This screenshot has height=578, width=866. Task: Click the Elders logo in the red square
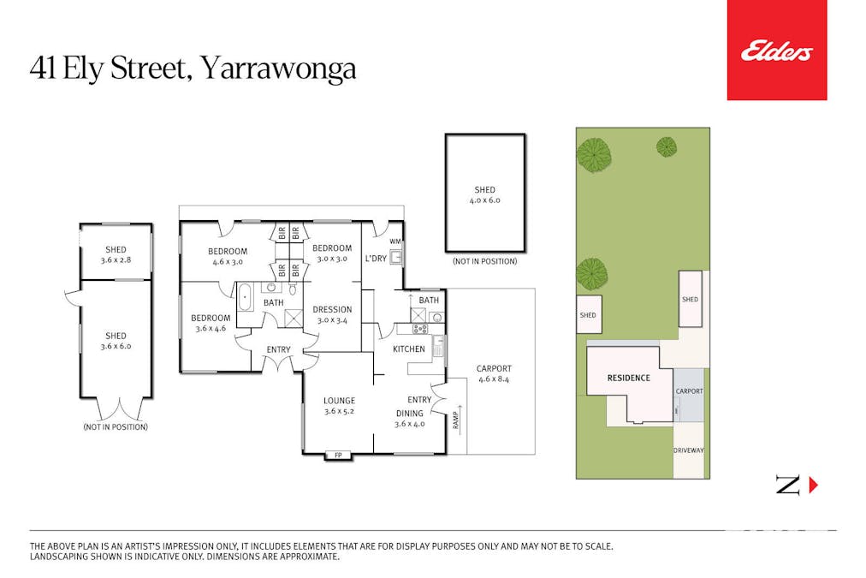[776, 52]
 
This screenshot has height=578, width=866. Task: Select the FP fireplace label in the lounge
[338, 455]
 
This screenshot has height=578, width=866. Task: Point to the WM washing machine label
[395, 241]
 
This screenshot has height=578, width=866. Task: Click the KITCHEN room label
[409, 349]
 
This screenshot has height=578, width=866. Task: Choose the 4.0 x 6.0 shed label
[484, 195]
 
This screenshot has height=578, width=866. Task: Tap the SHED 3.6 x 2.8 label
[116, 254]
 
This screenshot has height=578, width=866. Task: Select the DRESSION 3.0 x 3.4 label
[332, 314]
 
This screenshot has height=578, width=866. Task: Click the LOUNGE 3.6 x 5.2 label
[339, 405]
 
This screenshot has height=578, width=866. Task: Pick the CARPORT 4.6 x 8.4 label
[493, 373]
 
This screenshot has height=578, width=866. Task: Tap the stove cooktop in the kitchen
[420, 329]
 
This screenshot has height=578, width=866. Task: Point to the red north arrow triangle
[813, 486]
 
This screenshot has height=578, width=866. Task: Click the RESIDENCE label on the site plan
[629, 378]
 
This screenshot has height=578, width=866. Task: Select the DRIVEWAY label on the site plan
[688, 450]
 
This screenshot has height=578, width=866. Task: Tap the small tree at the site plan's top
[667, 146]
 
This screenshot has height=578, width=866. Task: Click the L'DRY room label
[375, 259]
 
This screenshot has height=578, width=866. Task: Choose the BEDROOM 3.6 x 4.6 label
[211, 323]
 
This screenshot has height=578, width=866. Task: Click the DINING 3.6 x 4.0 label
[410, 418]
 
